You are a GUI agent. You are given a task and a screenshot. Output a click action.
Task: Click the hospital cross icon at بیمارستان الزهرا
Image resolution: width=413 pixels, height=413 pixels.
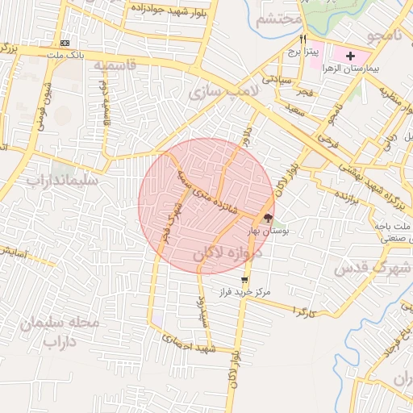click(350, 55)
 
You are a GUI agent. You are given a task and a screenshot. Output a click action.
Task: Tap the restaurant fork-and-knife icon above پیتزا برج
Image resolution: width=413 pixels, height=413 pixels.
click(303, 39)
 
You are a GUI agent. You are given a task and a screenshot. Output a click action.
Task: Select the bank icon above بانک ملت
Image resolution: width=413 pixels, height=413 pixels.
click(65, 43)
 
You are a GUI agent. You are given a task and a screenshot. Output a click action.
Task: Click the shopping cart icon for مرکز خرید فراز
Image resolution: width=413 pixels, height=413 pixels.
click(244, 280)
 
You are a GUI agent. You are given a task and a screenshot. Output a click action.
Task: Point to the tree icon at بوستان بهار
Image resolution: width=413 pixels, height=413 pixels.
click(269, 218)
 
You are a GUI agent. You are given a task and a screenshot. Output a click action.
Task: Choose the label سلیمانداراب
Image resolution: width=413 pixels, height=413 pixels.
click(61, 181)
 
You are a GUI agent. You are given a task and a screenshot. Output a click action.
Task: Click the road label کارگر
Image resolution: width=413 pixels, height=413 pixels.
click(302, 311)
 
